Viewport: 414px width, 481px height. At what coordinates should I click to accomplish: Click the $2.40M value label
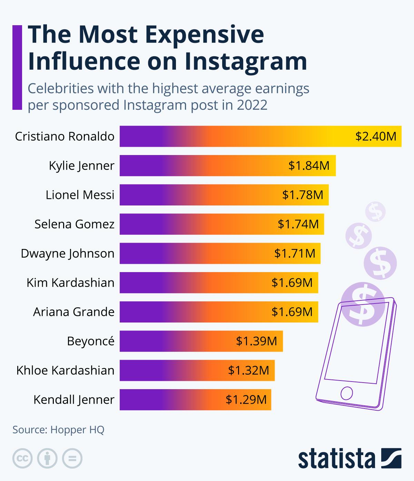(376, 136)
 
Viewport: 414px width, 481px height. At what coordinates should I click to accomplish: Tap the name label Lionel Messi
(80, 195)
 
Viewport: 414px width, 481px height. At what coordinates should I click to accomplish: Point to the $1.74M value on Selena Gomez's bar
(298, 224)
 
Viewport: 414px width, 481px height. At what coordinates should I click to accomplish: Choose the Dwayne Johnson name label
(68, 253)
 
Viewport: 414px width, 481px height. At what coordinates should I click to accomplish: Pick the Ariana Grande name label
(74, 312)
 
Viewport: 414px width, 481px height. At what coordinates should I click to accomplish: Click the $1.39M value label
(256, 341)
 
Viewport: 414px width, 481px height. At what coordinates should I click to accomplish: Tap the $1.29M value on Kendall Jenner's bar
(246, 400)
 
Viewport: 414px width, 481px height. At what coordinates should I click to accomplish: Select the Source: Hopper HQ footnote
(58, 430)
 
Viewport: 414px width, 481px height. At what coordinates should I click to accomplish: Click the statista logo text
(337, 459)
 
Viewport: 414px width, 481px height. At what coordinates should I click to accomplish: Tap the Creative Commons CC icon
(22, 459)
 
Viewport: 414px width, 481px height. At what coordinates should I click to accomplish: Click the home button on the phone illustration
(346, 393)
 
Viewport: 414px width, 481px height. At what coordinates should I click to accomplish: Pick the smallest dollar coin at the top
(376, 212)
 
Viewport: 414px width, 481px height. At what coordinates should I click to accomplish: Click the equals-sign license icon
(72, 459)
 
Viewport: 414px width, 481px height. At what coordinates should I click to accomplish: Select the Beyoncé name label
(90, 341)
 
